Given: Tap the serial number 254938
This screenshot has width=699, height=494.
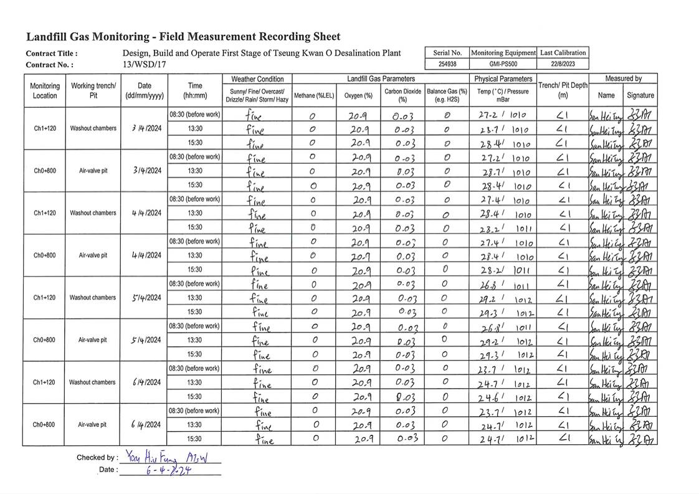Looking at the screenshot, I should (447, 64).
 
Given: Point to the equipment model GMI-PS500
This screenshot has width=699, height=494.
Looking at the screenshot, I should (503, 64).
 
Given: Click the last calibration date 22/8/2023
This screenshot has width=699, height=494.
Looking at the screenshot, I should (563, 64).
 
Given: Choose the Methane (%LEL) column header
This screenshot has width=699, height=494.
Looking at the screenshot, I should (314, 95).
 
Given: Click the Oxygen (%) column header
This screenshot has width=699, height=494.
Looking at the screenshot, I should (358, 95).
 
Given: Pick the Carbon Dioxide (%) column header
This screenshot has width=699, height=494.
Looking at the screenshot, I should (402, 95).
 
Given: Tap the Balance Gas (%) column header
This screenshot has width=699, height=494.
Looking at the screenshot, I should (447, 95).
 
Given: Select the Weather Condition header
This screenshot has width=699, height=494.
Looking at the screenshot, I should (257, 79).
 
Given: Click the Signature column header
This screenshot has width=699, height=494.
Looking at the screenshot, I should (640, 95).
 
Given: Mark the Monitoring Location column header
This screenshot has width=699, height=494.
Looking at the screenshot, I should (45, 91).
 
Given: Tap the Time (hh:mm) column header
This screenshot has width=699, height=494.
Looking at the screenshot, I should (195, 91).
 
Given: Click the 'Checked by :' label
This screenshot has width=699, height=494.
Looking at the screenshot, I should (97, 457).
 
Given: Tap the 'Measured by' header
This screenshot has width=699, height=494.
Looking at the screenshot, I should (623, 78).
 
